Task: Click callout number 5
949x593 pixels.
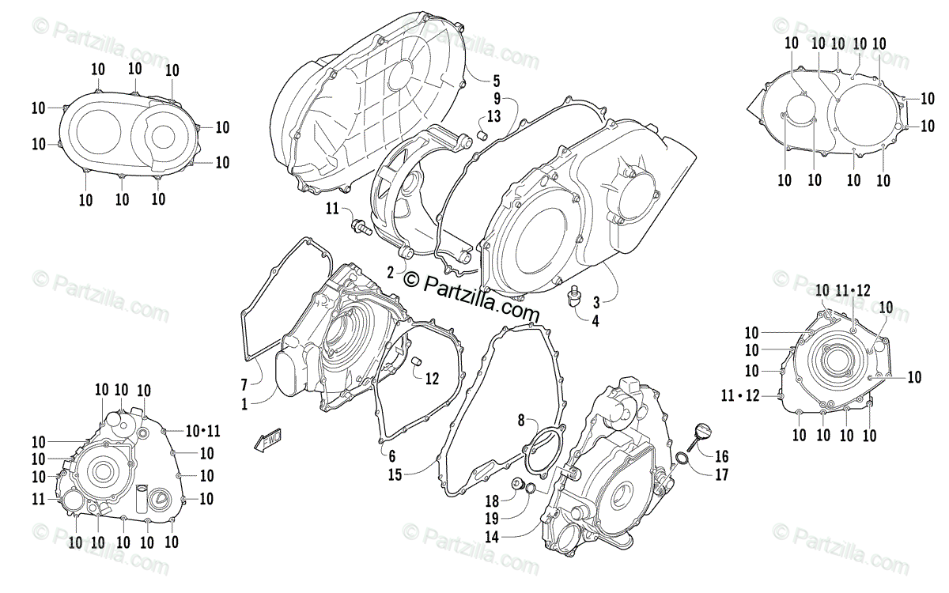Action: [x=496, y=81]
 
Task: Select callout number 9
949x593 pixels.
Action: [x=497, y=100]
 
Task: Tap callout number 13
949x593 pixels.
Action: [x=493, y=117]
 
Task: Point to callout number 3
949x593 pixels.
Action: [x=596, y=301]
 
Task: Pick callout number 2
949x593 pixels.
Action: [x=391, y=272]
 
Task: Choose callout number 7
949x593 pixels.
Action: [x=245, y=385]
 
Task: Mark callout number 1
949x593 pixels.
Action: [x=245, y=403]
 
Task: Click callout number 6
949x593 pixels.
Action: [x=391, y=455]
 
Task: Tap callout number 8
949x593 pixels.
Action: [x=521, y=419]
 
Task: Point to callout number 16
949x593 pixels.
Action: [x=721, y=457]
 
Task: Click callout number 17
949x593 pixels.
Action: [x=721, y=475]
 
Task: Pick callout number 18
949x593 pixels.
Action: [x=491, y=500]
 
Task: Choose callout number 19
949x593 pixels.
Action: [x=491, y=519]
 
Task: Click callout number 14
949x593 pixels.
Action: [x=491, y=537]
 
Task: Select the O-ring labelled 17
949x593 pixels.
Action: [x=682, y=461]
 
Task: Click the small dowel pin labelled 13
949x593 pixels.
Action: [x=480, y=134]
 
